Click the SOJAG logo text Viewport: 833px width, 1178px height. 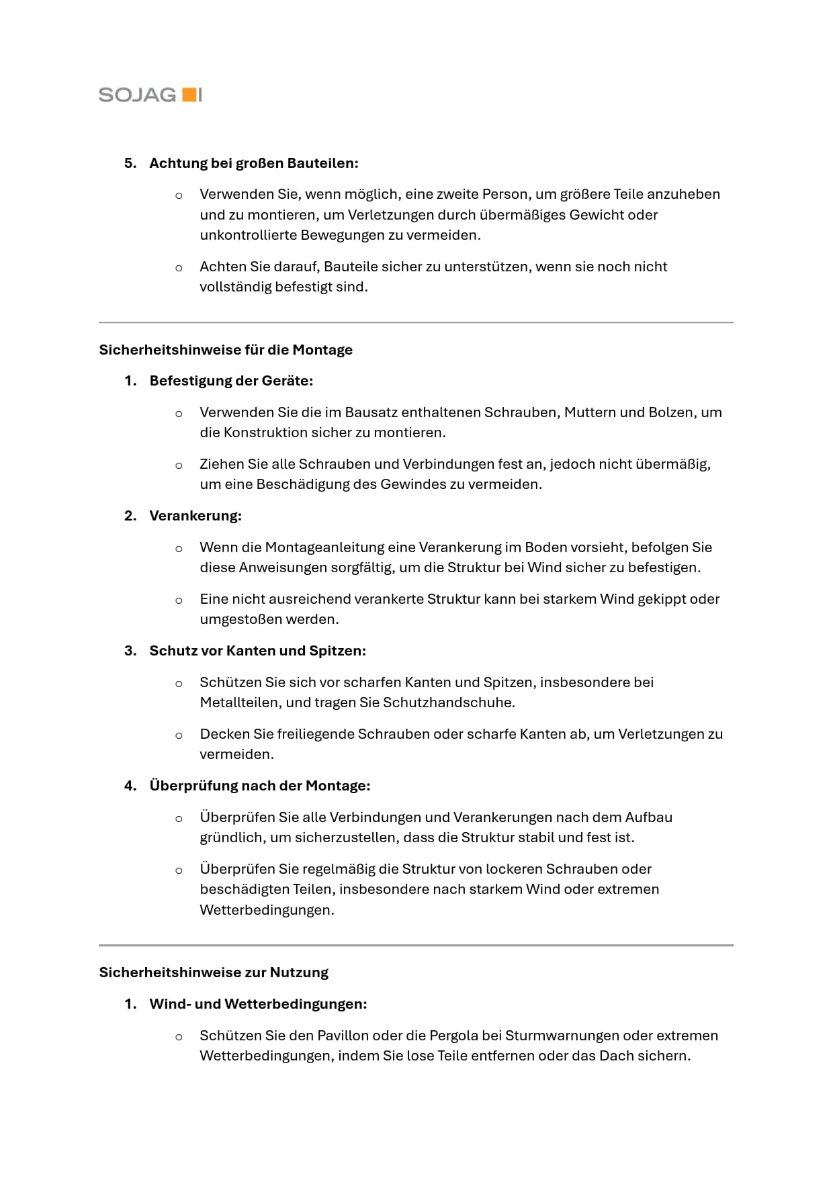(x=137, y=95)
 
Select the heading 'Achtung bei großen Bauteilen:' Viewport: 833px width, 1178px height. (x=254, y=163)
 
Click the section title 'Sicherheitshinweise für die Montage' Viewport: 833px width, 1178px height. (x=226, y=350)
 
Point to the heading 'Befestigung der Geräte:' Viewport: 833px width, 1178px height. (x=231, y=381)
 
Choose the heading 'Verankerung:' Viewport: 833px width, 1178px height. (x=195, y=516)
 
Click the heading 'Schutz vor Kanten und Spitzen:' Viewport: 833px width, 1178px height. (x=257, y=651)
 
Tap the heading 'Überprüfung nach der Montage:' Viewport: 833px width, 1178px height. (x=260, y=786)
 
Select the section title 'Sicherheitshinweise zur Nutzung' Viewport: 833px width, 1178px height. (x=214, y=972)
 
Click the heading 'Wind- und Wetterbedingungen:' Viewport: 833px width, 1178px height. (x=258, y=1004)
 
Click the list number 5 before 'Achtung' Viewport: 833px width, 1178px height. (x=130, y=163)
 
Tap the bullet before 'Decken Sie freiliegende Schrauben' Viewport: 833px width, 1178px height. (x=179, y=735)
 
